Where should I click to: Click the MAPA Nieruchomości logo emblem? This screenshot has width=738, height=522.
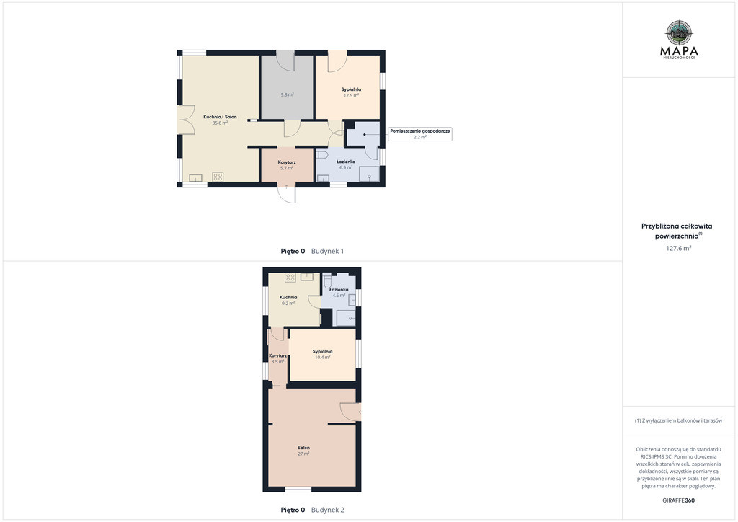(679, 33)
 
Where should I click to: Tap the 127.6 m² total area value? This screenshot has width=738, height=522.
(678, 248)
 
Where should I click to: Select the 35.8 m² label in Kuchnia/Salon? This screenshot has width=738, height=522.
(220, 123)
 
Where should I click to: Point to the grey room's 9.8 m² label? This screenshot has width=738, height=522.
(287, 94)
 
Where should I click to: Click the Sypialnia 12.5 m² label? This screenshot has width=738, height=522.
(351, 92)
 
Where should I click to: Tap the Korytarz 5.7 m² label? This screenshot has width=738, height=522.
(287, 164)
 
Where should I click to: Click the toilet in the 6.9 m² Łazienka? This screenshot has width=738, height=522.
(322, 154)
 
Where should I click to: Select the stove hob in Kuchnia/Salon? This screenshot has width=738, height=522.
(218, 177)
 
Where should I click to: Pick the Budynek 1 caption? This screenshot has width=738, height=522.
(328, 252)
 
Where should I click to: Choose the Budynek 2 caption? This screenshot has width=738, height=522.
(328, 510)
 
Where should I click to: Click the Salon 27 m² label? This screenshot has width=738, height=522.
(303, 451)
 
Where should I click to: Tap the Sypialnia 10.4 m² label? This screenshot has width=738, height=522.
(322, 355)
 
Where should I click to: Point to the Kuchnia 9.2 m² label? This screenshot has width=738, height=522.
(288, 301)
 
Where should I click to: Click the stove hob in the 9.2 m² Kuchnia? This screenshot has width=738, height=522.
(290, 278)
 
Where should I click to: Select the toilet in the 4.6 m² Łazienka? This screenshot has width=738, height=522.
(328, 281)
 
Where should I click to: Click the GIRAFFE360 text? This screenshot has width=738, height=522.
(678, 500)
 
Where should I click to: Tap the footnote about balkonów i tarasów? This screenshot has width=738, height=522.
(678, 420)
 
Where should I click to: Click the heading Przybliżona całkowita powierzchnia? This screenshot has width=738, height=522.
(677, 231)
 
